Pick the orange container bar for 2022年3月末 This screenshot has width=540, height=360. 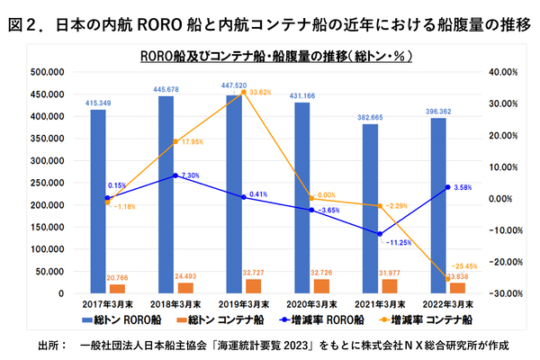tap(456, 288)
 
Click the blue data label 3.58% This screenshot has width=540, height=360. tap(463, 187)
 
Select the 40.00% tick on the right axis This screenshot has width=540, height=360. tap(500, 72)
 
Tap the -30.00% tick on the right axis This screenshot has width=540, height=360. tap(499, 293)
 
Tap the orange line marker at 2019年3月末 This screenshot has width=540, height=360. tap(243, 92)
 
